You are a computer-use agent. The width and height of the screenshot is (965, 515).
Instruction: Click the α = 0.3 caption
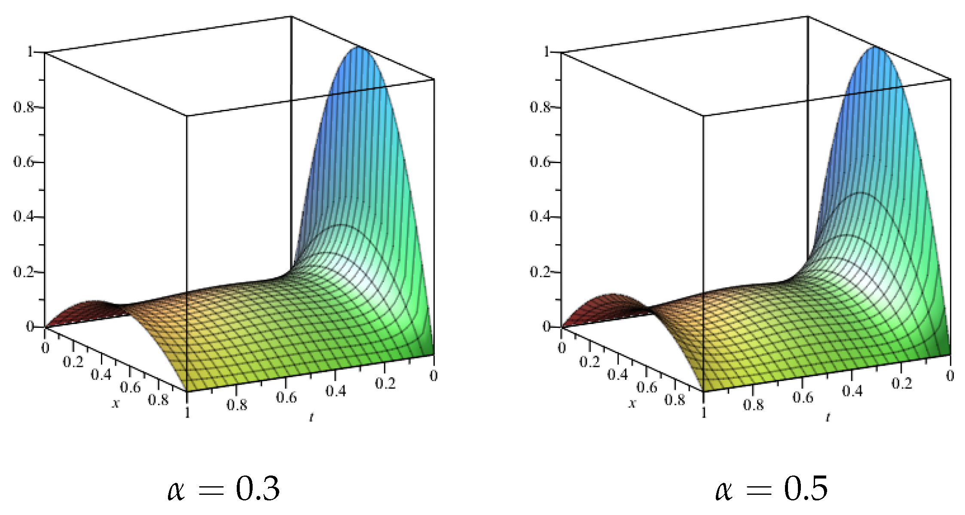point(223,488)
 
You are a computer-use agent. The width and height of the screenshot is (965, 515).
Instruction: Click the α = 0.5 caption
point(771,488)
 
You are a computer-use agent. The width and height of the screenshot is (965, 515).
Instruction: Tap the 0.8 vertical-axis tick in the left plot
point(24,107)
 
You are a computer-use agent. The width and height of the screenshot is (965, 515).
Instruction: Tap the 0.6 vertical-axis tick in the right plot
point(540,162)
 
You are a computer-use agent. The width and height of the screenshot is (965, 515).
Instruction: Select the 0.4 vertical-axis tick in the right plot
point(540,216)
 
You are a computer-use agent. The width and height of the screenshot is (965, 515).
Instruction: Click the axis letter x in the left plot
point(115,403)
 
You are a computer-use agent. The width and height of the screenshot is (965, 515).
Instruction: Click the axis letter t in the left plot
point(311,416)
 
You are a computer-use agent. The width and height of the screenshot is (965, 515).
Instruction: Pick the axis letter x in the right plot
point(632,403)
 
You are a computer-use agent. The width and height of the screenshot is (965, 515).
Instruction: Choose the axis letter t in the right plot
point(828,416)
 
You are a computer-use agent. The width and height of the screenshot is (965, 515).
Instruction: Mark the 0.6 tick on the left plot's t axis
point(286,397)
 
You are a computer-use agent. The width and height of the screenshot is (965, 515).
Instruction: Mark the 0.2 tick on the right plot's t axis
point(901,383)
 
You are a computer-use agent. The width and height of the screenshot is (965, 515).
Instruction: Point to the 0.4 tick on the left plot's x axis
point(101,375)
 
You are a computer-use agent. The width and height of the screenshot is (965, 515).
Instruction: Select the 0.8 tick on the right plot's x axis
point(675,400)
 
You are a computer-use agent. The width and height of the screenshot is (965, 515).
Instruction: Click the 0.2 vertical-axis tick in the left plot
point(24,272)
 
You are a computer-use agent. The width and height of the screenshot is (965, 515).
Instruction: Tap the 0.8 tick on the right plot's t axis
point(753,405)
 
